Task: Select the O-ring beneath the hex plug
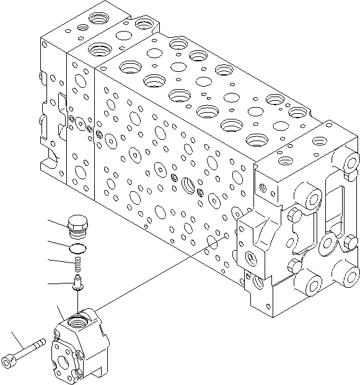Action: point(77,249)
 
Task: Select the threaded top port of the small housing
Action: point(77,319)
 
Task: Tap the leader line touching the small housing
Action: point(59,312)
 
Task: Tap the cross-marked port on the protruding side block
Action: point(253,257)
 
